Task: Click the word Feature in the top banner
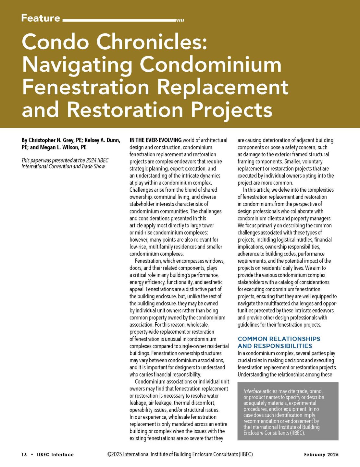click(x=41, y=18)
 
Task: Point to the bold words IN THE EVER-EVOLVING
click(x=155, y=140)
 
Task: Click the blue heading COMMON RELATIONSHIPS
click(x=279, y=339)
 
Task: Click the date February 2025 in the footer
click(x=321, y=455)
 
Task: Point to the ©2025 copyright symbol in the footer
click(x=109, y=455)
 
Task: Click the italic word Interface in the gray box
click(x=252, y=391)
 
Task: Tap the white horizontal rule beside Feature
click(x=120, y=20)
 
